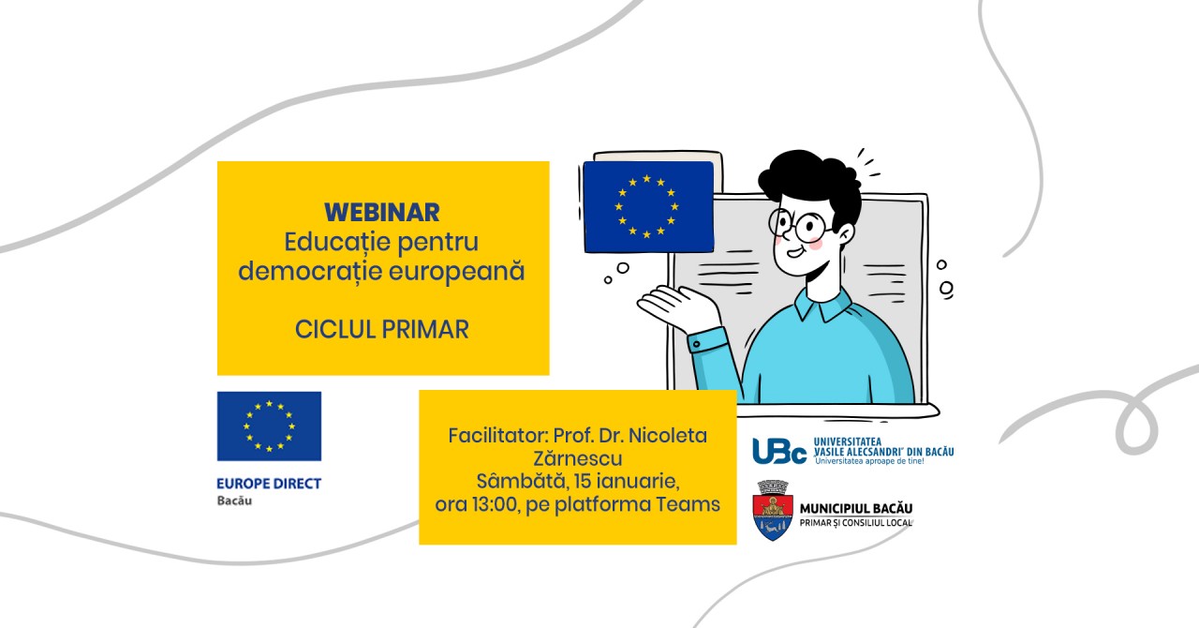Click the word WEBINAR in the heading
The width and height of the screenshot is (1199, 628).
click(x=382, y=212)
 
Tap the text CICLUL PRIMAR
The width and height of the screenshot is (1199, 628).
click(x=381, y=329)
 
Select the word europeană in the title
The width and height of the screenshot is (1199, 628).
click(x=456, y=271)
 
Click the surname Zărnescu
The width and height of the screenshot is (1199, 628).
click(x=578, y=458)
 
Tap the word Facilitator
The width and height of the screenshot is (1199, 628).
click(x=496, y=436)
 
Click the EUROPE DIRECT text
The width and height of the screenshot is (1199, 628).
click(x=269, y=484)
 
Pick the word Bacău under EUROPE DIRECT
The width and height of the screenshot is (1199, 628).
click(x=234, y=501)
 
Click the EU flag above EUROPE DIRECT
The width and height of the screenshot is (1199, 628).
click(x=269, y=426)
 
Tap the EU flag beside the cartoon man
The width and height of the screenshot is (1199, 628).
click(x=648, y=207)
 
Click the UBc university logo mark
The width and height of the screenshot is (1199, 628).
click(x=779, y=451)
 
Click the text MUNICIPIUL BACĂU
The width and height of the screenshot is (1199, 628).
click(x=856, y=509)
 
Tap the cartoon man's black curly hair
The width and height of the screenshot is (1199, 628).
click(x=811, y=181)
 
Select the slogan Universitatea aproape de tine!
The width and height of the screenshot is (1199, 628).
click(x=870, y=461)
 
